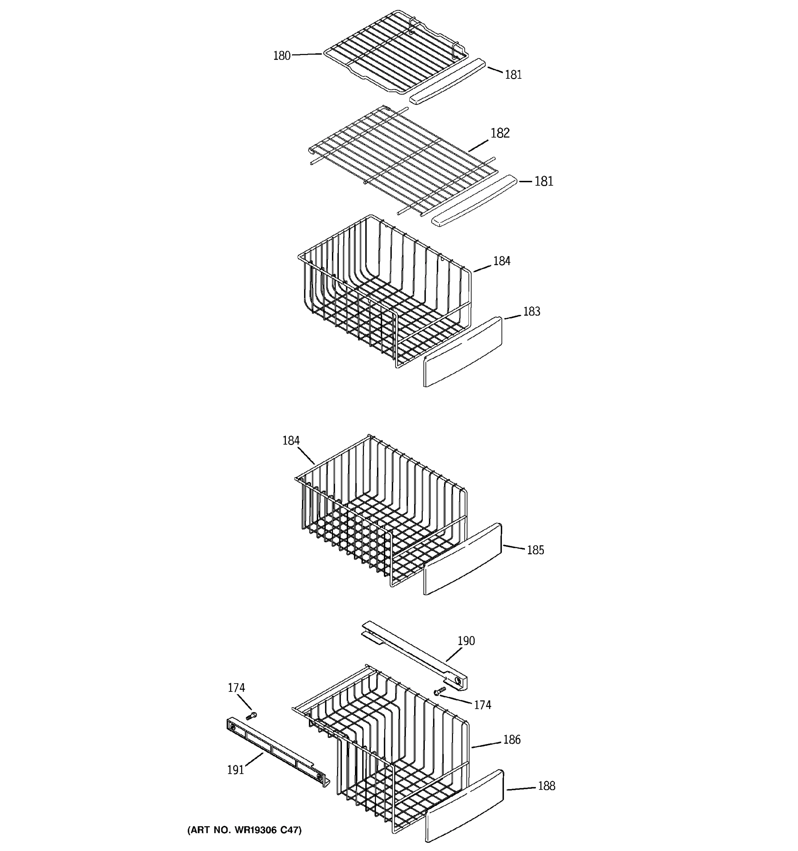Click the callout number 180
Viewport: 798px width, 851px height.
click(281, 56)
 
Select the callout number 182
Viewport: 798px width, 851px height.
click(500, 133)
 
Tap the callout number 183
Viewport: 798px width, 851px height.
click(531, 312)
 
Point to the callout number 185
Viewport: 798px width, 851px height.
click(535, 550)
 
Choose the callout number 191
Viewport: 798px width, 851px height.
click(235, 770)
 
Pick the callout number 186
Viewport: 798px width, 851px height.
click(511, 740)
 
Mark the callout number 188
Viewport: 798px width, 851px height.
click(546, 786)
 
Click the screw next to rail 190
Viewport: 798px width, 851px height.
click(440, 691)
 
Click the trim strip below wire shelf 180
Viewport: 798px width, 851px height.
click(447, 81)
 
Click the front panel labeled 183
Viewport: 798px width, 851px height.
click(463, 352)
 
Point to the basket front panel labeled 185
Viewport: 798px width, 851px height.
click(463, 558)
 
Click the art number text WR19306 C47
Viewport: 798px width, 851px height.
click(244, 830)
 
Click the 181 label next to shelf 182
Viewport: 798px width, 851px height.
click(544, 182)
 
